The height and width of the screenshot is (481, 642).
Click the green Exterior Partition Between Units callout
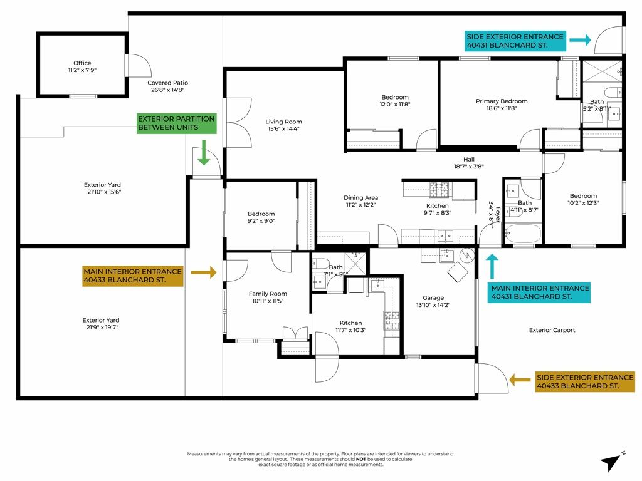[x=176, y=123]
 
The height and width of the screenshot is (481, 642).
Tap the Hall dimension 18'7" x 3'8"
[x=469, y=166]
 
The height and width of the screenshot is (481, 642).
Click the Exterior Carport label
[x=552, y=330]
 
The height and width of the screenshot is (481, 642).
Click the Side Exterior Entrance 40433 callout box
[x=585, y=382]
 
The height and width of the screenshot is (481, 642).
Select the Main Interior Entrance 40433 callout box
[x=132, y=276]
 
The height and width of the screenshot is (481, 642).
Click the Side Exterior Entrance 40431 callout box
[x=515, y=41]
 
